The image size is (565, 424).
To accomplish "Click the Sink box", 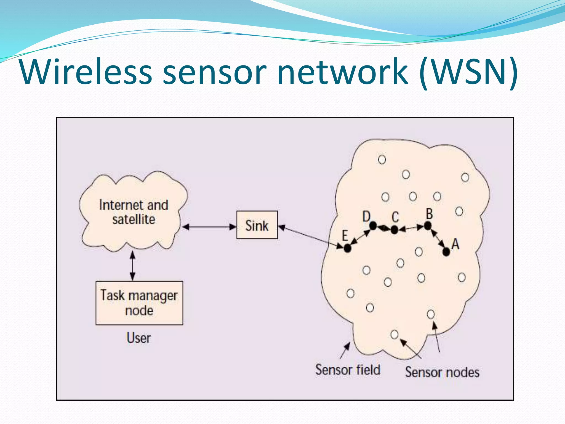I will [257, 225].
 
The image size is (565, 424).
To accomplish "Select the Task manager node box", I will [139, 303].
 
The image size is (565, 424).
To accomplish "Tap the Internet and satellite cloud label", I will [134, 212].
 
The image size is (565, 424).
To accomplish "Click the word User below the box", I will [138, 338].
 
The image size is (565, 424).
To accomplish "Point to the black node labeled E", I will [347, 248].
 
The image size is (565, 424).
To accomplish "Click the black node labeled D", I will [373, 226].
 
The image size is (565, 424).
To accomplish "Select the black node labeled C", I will [394, 229].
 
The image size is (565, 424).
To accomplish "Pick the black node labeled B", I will [428, 226].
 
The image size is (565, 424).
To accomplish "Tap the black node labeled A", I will [446, 251].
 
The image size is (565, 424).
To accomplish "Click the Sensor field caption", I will [348, 370].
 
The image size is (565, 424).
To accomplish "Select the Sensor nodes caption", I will [442, 372].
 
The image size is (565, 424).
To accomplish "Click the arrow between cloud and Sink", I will [209, 227].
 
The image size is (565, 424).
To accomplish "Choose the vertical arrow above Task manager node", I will [132, 266].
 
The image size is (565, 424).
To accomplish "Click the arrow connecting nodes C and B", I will [411, 228].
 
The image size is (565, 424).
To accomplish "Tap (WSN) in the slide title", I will [468, 72].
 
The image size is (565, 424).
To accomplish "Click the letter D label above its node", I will [366, 216].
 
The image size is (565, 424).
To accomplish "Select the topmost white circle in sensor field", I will [382, 159].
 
